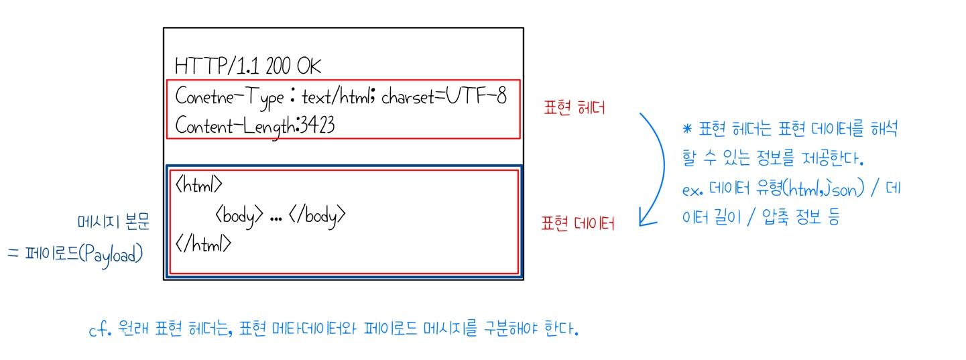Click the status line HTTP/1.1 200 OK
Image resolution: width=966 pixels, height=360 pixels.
point(248,66)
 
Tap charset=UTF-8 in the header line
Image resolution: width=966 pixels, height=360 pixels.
point(444,97)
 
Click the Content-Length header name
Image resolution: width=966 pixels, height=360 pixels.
point(235,125)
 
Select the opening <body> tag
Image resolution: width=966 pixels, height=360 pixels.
point(239,215)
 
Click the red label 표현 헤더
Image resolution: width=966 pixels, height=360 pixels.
point(576,107)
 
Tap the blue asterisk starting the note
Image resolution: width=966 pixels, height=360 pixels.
point(686,129)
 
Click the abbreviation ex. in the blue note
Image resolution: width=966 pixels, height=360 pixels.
point(692,190)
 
